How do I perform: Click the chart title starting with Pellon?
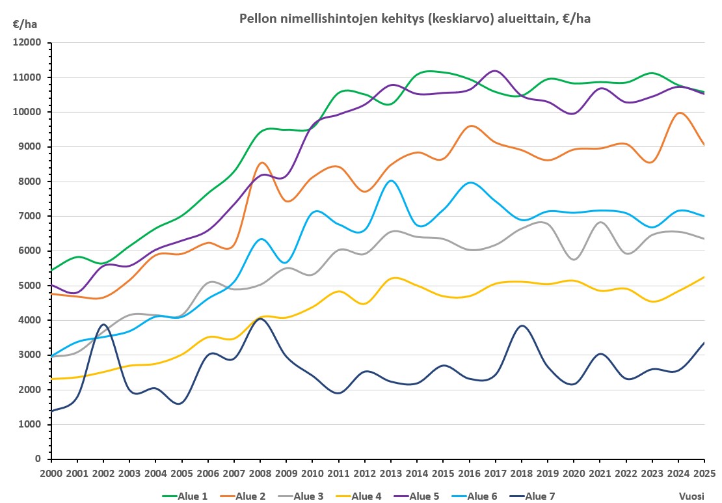tap(415, 19)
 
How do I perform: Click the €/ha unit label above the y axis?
tap(25, 25)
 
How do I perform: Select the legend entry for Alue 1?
tap(185, 496)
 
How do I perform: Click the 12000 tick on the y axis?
tap(28, 43)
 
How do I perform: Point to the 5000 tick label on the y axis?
tap(31, 286)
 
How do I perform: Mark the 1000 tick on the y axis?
tap(31, 424)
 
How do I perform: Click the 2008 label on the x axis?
tap(261, 472)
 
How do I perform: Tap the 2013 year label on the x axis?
tap(392, 472)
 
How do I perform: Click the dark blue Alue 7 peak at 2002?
tap(103, 324)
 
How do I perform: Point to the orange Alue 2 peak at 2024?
tap(679, 113)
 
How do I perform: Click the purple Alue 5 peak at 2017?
tap(496, 71)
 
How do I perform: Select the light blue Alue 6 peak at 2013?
tap(391, 181)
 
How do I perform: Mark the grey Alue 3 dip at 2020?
tap(574, 260)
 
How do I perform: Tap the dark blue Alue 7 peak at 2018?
tap(522, 325)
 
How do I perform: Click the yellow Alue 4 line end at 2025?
tap(704, 277)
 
